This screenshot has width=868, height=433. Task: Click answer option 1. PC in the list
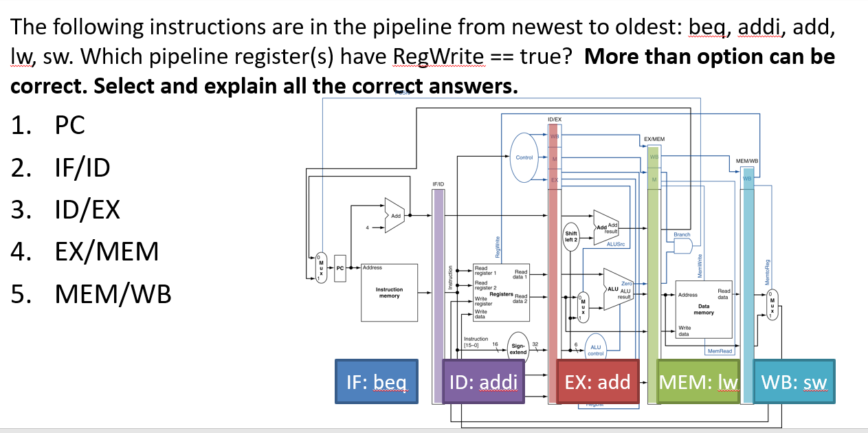click(48, 126)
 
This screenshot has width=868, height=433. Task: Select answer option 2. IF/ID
click(60, 168)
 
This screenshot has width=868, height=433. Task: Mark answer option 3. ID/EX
click(65, 210)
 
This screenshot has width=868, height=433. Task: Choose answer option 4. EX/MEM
click(85, 252)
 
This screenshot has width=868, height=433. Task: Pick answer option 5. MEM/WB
click(91, 294)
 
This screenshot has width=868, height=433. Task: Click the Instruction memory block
click(389, 293)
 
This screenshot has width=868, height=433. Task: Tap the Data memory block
click(704, 308)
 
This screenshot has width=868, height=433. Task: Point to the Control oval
click(524, 158)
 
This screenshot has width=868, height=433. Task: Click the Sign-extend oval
click(518, 348)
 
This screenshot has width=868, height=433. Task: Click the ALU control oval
click(595, 351)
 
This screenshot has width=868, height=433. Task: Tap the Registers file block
click(500, 292)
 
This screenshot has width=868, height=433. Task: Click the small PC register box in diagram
click(340, 267)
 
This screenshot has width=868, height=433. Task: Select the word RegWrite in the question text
click(440, 56)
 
